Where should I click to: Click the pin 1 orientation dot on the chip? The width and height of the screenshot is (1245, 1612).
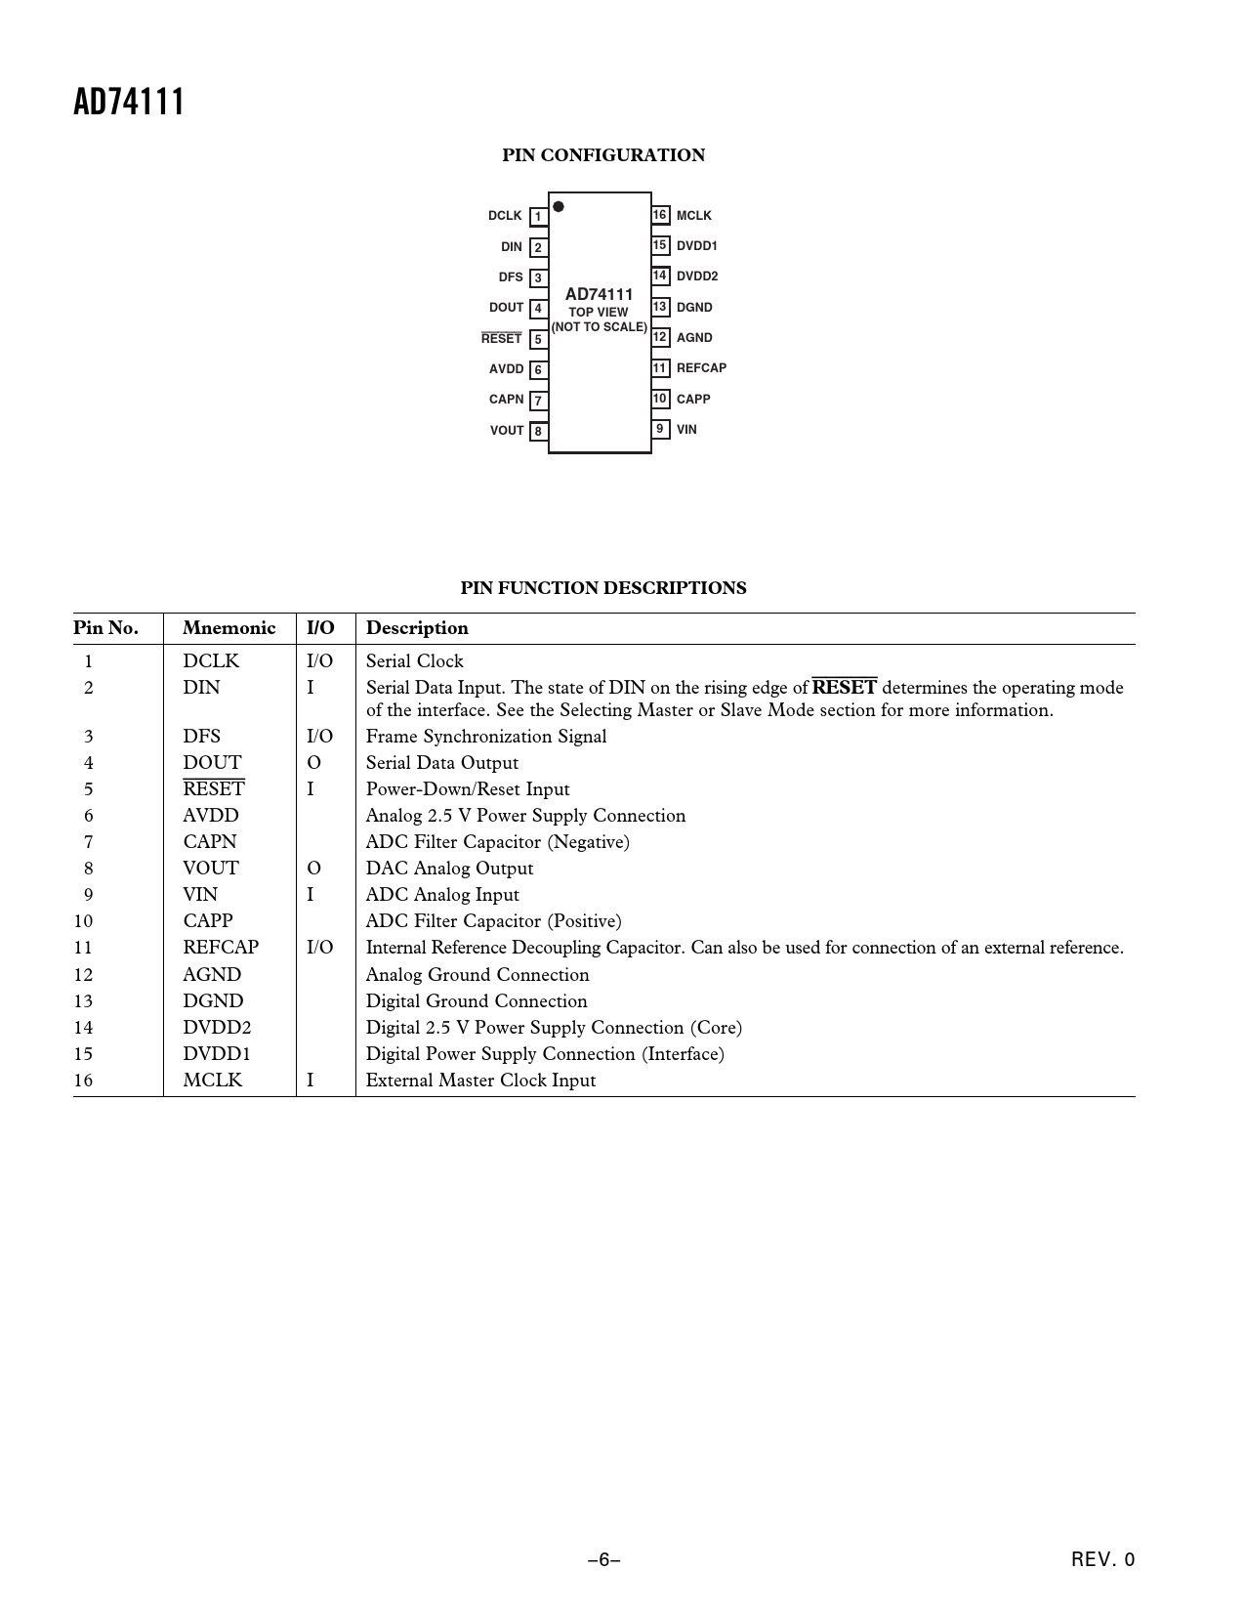point(559,206)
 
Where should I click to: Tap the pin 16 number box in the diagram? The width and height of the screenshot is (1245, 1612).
point(660,215)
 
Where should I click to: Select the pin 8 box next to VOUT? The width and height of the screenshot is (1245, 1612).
point(538,431)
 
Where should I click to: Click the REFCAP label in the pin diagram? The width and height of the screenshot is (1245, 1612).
point(701,368)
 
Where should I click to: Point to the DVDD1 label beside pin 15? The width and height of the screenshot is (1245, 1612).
point(696,246)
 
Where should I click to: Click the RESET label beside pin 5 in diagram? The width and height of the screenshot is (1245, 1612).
point(501,338)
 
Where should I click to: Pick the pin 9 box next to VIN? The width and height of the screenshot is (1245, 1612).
point(660,429)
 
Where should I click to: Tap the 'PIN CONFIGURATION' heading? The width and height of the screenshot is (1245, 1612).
point(602,155)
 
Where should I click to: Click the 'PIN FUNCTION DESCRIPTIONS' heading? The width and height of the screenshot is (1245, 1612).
point(602,588)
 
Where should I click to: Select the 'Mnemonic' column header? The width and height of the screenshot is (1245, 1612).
point(228,628)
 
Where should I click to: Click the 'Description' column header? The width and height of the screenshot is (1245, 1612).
point(417,628)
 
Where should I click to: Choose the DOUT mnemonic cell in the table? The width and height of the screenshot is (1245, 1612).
point(212,763)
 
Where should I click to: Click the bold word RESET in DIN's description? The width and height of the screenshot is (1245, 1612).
point(844,688)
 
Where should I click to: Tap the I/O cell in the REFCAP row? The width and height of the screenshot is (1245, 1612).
point(319,948)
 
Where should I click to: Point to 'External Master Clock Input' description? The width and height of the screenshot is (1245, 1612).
point(480,1081)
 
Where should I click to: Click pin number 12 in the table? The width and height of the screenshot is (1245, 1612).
point(83,975)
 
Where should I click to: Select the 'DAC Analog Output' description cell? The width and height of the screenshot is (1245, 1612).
point(449,869)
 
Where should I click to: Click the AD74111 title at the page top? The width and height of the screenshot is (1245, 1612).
point(129,103)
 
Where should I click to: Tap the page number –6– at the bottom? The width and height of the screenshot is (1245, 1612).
point(603,1560)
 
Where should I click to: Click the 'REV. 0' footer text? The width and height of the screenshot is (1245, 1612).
point(1102,1560)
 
